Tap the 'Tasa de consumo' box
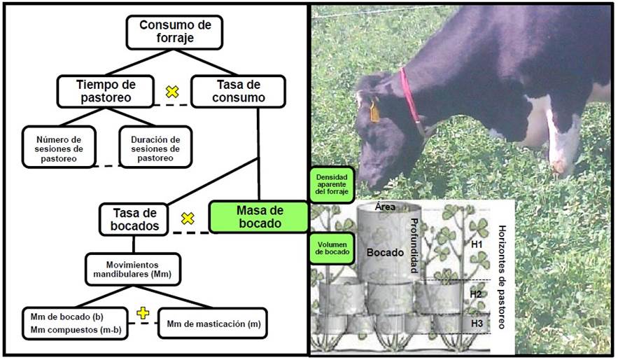(238, 91)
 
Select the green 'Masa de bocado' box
(258, 217)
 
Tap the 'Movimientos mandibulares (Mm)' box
(133, 268)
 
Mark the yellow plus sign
(143, 312)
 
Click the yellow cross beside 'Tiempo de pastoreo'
(171, 91)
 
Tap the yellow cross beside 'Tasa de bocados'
(187, 219)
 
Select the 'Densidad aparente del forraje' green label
(332, 185)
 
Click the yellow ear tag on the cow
(374, 111)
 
